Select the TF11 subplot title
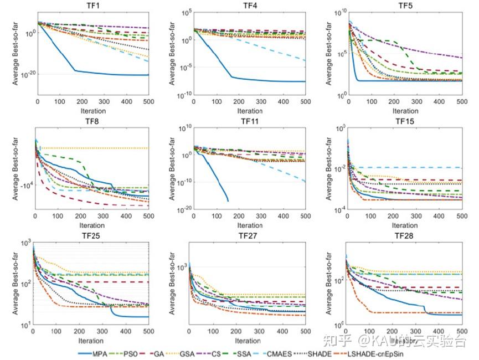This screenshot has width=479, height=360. coord(249,121)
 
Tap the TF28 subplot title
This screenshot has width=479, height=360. coord(404,235)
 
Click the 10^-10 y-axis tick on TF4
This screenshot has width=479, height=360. coord(182,94)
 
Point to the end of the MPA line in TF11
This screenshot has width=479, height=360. coord(228,200)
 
